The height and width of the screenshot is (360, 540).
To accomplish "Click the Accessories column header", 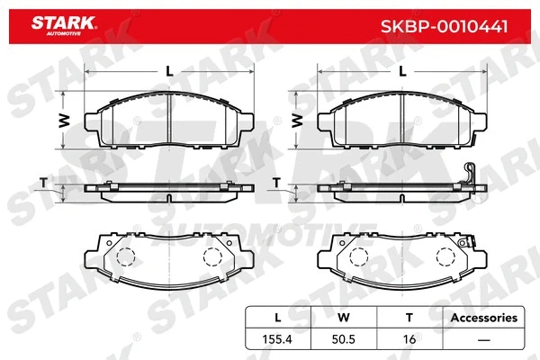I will point(484,318).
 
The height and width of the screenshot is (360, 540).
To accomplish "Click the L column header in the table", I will point(276,318).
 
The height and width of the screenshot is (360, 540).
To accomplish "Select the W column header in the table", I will point(342,318).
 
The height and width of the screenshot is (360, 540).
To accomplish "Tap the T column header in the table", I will point(409,318).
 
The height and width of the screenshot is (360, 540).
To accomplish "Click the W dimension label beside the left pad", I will point(64,119).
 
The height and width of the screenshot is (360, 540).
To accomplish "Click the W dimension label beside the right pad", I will point(297,119).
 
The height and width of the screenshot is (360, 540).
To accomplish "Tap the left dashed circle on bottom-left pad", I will point(127,256).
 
